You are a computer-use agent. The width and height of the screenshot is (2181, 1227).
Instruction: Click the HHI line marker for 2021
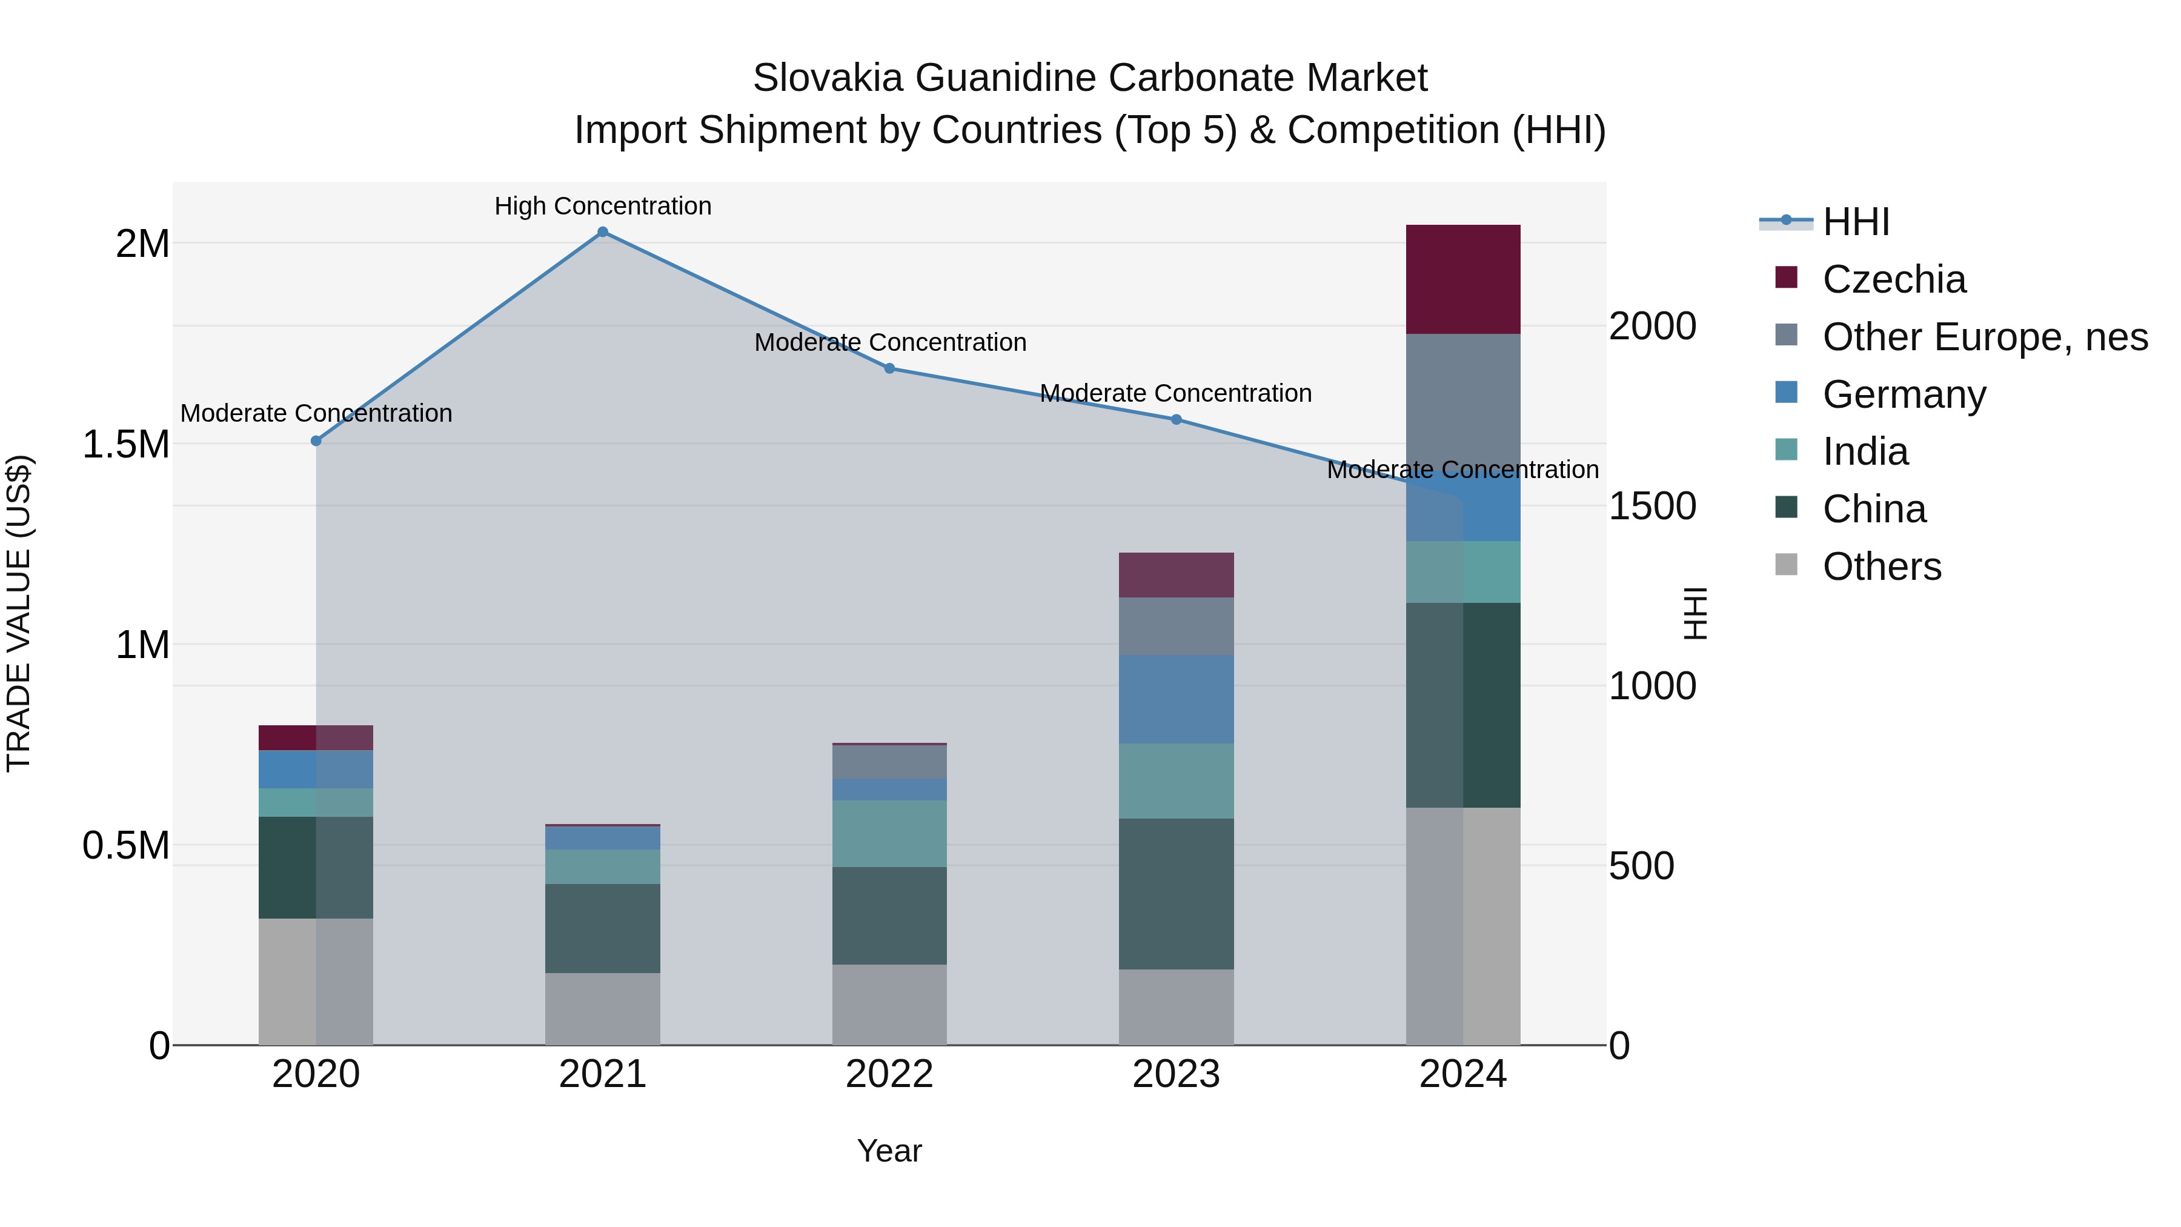[x=603, y=232]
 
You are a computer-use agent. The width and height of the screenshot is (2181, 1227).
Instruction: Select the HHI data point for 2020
[x=316, y=441]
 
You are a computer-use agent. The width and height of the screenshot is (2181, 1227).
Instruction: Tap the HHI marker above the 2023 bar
[x=1176, y=420]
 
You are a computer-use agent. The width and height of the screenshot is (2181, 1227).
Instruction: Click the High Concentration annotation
[x=603, y=206]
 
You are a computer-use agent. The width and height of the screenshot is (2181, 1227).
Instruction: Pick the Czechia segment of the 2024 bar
[x=1462, y=279]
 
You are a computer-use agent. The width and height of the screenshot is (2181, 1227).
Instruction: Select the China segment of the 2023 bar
[x=1176, y=893]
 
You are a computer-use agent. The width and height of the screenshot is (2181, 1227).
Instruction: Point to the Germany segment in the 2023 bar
[x=1176, y=699]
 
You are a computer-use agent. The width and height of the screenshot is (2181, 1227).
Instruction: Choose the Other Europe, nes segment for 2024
[x=1462, y=398]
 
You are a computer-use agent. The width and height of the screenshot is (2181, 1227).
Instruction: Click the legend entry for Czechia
[x=1893, y=279]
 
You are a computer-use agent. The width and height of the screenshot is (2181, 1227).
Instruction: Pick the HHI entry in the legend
[x=1855, y=222]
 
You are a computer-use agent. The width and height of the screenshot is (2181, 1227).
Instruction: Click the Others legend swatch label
[x=1881, y=567]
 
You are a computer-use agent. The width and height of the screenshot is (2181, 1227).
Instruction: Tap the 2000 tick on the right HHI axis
[x=1652, y=326]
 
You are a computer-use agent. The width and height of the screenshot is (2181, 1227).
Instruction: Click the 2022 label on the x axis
[x=889, y=1074]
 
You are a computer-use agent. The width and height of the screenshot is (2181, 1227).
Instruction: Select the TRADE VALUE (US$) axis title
[x=19, y=613]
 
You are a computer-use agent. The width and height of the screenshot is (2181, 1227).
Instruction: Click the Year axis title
[x=889, y=1151]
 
